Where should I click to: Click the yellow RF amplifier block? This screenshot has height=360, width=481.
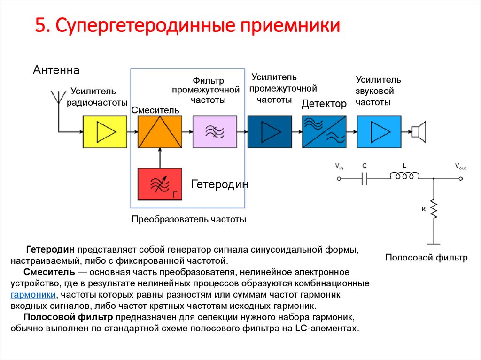point(105,131)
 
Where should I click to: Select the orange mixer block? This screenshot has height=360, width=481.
point(160,131)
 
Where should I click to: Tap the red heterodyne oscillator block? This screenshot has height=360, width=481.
point(160,184)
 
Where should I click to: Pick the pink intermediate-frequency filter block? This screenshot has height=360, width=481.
point(215,131)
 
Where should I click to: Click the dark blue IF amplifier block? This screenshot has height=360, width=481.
point(270,131)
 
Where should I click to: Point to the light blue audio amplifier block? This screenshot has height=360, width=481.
point(379,131)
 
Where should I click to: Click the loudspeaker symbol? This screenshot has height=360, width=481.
point(419,131)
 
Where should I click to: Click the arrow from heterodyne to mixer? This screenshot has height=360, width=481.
point(160,157)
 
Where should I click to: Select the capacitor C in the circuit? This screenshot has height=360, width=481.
point(365,178)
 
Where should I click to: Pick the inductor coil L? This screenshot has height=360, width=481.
point(404,176)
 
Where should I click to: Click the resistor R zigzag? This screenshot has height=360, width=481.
point(434,210)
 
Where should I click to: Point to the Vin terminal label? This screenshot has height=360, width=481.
point(339,166)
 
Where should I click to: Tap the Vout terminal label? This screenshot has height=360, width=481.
point(460,166)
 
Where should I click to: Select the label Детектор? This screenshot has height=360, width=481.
point(324,104)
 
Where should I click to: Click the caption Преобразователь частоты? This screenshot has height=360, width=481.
point(189,219)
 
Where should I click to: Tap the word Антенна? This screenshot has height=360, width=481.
point(56,70)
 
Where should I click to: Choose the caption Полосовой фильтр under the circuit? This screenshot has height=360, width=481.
point(427,258)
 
